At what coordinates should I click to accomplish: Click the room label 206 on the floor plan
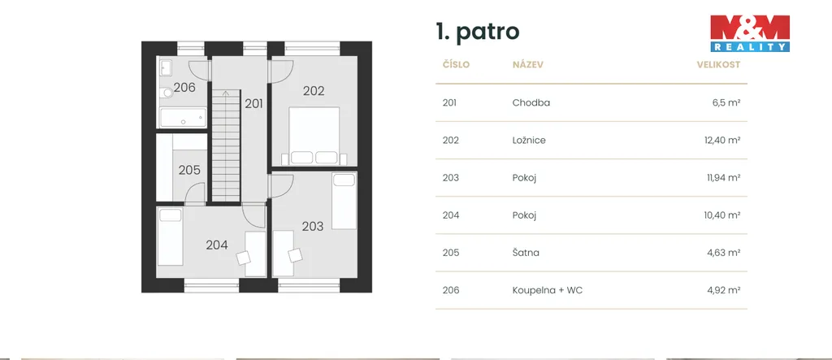184,88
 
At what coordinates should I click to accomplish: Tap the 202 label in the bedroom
314,91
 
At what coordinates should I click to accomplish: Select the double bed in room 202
314,136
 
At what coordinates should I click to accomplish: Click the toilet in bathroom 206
167,93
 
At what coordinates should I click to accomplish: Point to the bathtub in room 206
183,117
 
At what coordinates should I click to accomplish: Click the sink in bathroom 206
166,68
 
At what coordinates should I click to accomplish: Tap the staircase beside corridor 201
227,145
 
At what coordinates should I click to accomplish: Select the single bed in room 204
171,236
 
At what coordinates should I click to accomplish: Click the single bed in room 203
344,201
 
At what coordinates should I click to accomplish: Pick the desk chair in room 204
244,258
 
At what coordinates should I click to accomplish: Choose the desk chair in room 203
294,255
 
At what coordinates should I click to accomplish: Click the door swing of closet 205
195,193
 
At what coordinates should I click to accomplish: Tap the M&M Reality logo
750,33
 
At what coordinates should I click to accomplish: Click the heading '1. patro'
478,32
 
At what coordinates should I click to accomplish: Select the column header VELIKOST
718,65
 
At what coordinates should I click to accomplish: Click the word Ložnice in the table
529,140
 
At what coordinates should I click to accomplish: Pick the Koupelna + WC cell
548,290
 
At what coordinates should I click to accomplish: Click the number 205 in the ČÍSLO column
451,253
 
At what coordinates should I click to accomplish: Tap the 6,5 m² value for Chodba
726,103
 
